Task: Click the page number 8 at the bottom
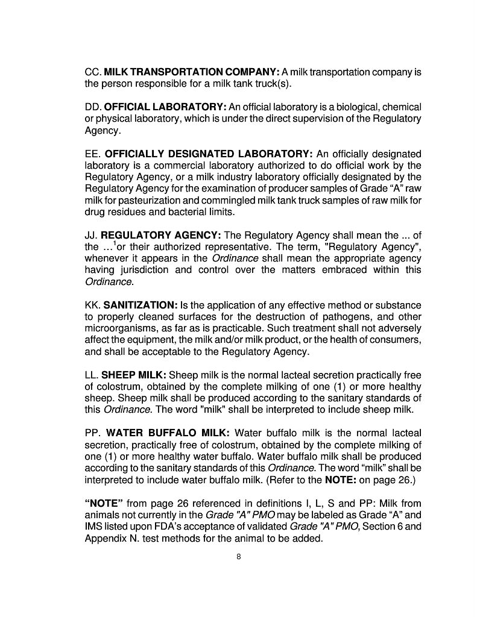coord(239,557)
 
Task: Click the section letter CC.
coord(92,72)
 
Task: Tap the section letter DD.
coord(93,107)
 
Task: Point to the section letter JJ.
coord(91,234)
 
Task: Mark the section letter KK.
coord(92,305)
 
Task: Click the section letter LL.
coord(91,375)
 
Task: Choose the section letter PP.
coord(92,433)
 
